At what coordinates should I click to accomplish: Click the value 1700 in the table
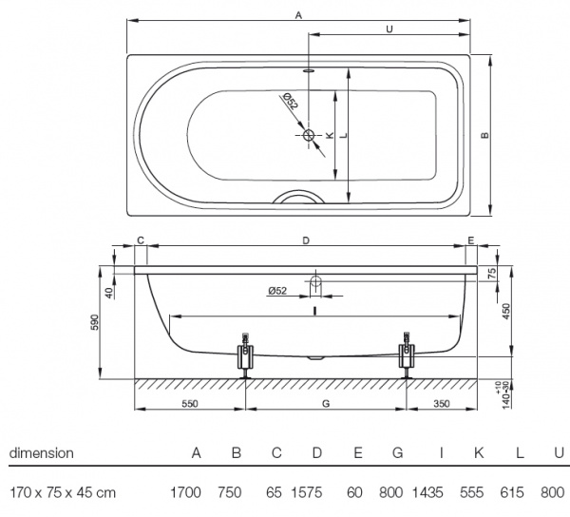click(x=185, y=492)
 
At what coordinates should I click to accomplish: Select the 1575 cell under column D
click(x=307, y=492)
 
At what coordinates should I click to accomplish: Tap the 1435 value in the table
click(x=427, y=492)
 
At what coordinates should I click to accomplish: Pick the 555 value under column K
click(x=472, y=492)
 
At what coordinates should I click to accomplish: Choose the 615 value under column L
click(x=512, y=492)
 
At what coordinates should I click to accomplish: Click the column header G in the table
click(x=398, y=453)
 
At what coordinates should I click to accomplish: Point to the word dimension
click(x=42, y=453)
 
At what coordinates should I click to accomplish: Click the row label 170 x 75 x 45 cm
click(x=63, y=492)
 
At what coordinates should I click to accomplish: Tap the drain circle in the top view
click(x=309, y=135)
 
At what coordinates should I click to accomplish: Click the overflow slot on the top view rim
click(x=309, y=70)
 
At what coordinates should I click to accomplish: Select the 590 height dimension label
click(x=94, y=322)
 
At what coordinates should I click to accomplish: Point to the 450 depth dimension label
click(x=506, y=312)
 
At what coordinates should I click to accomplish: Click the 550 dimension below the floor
click(x=190, y=404)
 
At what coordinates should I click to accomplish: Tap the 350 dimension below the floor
click(x=442, y=404)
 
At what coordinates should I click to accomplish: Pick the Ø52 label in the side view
click(x=277, y=291)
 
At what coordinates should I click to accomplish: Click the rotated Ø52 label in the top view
click(x=291, y=101)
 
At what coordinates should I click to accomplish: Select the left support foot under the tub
click(x=246, y=356)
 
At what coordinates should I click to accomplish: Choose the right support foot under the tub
click(x=407, y=355)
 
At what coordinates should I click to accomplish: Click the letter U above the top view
click(x=389, y=29)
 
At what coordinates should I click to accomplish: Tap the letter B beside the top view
click(x=484, y=135)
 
